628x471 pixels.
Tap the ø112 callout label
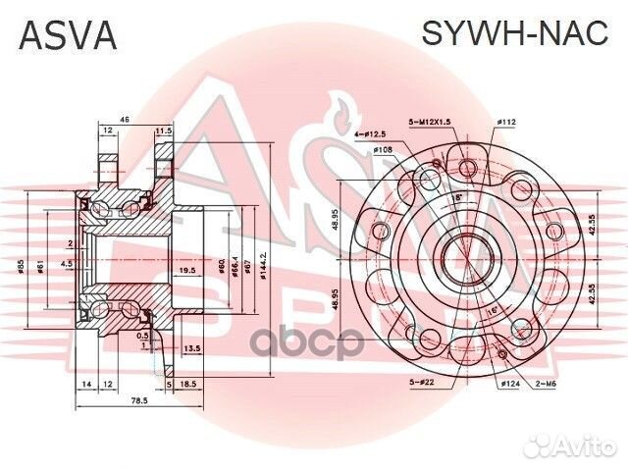(x=506, y=122)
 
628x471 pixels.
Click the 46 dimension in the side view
(x=125, y=120)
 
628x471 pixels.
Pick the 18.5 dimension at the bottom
(x=188, y=385)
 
